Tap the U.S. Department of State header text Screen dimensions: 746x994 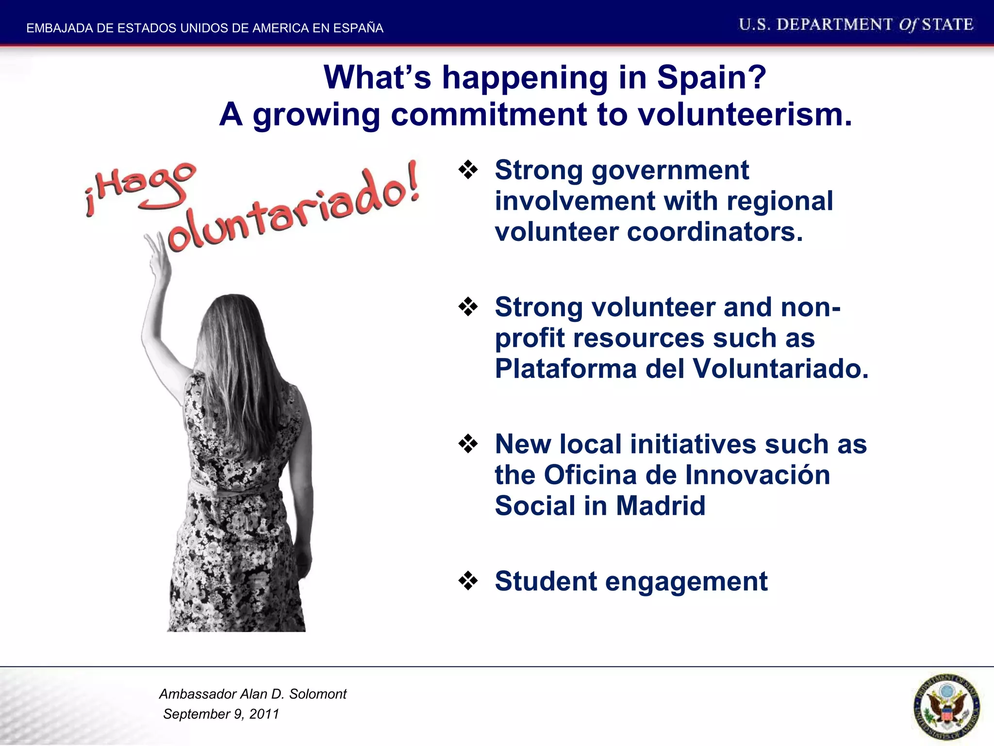(x=856, y=25)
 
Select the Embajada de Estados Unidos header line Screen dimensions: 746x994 (x=205, y=28)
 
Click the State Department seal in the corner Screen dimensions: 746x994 (x=946, y=707)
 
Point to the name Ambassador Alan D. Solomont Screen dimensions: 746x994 (x=253, y=694)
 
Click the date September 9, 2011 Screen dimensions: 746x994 (x=221, y=714)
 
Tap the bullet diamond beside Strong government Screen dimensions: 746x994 (x=468, y=170)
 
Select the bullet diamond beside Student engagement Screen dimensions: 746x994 (x=468, y=581)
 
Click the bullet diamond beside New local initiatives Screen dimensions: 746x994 (x=468, y=444)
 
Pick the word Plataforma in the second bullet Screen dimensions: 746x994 (x=565, y=369)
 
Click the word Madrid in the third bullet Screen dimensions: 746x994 (x=661, y=506)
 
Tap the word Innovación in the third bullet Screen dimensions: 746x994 (x=758, y=475)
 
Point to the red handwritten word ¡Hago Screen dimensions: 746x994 (x=141, y=187)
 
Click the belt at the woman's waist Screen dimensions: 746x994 (x=233, y=488)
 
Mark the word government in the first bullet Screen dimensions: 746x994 (x=670, y=170)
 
